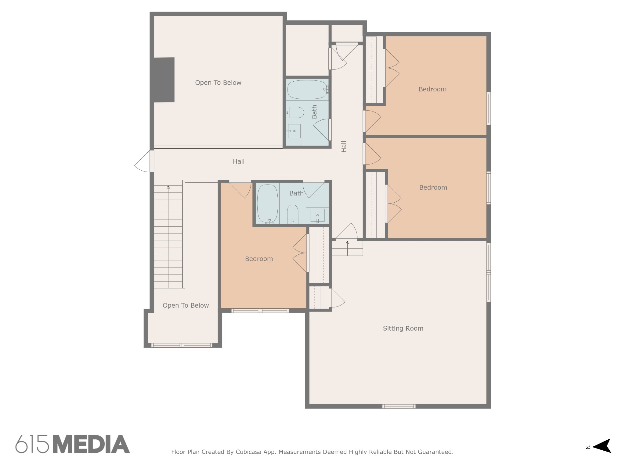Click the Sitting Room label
[x=403, y=328]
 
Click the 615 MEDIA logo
[x=73, y=444]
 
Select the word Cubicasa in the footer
[x=248, y=452]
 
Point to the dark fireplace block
[x=164, y=80]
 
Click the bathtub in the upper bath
[x=307, y=90]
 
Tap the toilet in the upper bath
[x=295, y=112]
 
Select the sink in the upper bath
[x=294, y=131]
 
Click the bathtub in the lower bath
[x=268, y=204]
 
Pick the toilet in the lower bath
[x=293, y=214]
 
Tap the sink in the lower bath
[x=317, y=216]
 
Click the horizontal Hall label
[x=239, y=161]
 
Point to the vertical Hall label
[x=344, y=146]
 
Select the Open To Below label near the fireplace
[x=218, y=83]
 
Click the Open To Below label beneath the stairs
[x=186, y=306]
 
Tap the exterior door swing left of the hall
[x=143, y=161]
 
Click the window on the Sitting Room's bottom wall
[x=399, y=406]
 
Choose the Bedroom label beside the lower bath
[x=259, y=259]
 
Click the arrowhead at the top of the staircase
[x=168, y=187]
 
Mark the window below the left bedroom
[x=260, y=311]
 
